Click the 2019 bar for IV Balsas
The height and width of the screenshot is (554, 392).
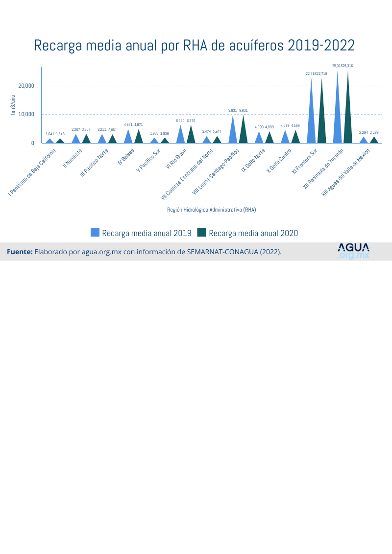128,138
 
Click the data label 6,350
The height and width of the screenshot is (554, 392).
180,120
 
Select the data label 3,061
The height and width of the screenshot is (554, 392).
113,130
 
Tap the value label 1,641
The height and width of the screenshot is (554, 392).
50,134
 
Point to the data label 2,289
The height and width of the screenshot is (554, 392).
374,133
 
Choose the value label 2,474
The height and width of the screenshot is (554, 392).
206,132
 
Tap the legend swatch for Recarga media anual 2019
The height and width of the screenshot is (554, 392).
95,233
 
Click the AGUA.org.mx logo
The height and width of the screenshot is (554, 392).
353,251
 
